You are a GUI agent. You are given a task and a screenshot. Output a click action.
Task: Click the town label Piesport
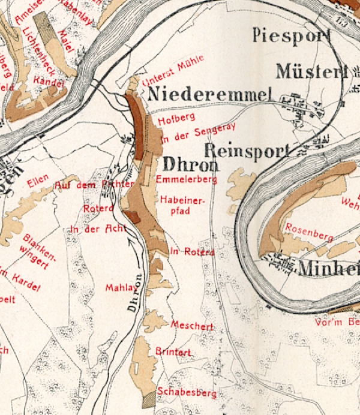click(292, 35)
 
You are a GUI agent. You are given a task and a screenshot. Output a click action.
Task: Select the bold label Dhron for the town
click(188, 165)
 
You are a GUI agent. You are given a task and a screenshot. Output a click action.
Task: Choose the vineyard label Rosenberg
click(309, 232)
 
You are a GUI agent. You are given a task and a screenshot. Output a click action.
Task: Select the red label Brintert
click(173, 352)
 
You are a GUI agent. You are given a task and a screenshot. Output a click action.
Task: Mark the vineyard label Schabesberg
click(186, 393)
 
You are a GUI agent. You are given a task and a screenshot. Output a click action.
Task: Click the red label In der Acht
click(97, 229)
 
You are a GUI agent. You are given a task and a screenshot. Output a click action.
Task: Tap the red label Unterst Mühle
click(174, 70)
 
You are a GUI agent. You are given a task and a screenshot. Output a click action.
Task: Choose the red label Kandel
click(49, 81)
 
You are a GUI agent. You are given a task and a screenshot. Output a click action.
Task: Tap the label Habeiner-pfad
click(183, 205)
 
